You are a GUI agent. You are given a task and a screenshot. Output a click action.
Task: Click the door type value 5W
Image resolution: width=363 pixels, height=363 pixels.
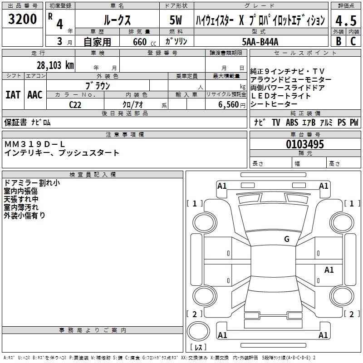coord(176,20)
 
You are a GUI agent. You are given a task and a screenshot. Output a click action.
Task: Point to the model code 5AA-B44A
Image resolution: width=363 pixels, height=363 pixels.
coord(260,42)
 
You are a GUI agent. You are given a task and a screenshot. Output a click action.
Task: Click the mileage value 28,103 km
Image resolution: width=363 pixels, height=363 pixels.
coord(55,65)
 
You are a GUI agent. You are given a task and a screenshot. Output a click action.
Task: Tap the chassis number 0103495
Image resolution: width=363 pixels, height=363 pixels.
coord(305,144)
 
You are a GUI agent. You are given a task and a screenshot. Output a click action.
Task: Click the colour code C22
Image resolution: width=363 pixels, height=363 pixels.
coord(75,105)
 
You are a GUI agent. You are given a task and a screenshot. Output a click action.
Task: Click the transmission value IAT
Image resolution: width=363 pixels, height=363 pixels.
coord(13,95)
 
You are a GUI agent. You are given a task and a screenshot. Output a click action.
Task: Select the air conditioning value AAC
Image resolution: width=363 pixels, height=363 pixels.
coord(34,95)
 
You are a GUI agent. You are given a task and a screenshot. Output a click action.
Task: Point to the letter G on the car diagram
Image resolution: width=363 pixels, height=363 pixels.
coord(287,239)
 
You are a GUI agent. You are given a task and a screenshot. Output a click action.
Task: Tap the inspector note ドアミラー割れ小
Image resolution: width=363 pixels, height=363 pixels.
coord(31,183)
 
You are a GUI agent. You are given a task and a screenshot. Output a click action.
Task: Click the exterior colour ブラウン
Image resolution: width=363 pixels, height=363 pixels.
coord(98,85)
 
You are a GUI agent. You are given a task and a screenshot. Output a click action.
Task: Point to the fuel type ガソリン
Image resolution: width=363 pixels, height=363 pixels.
coord(176,42)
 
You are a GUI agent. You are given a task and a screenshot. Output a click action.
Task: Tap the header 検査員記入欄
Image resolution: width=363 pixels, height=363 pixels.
coord(93,175)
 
